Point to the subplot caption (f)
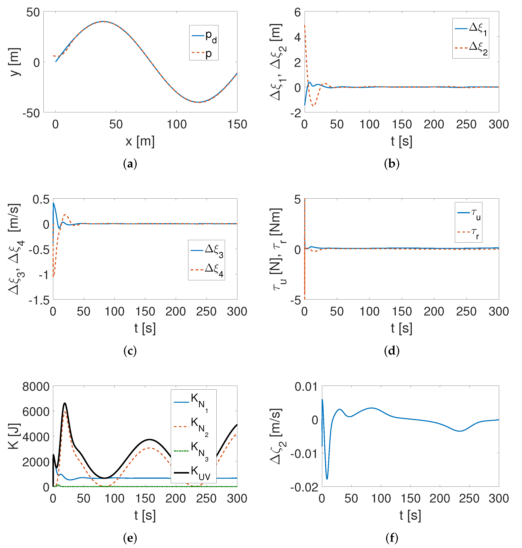[x=392, y=538]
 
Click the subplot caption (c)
[x=130, y=351]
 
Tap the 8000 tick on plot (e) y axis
[x=36, y=387]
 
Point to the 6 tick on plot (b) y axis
[x=297, y=13]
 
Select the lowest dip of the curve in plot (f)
[x=327, y=479]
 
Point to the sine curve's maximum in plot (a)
[x=104, y=21]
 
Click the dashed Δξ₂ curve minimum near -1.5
[x=313, y=106]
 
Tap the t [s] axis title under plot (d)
[x=401, y=328]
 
